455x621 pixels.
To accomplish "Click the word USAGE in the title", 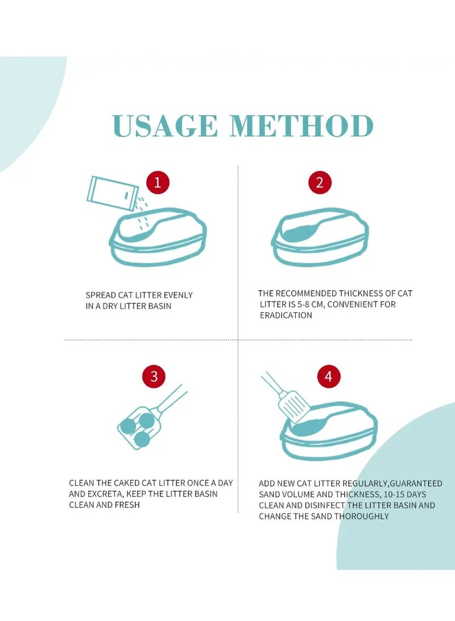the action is pyautogui.click(x=165, y=126).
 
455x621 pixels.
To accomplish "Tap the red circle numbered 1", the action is pyautogui.click(x=158, y=183).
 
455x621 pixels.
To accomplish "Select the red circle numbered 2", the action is pyautogui.click(x=320, y=183).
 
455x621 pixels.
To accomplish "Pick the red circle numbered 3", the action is pyautogui.click(x=154, y=376).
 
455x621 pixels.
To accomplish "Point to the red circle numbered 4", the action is pyautogui.click(x=329, y=376).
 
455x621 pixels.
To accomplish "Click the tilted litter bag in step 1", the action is pyautogui.click(x=113, y=193).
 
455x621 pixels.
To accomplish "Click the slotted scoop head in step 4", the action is pyautogui.click(x=293, y=405).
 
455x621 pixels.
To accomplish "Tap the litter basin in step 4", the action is pyautogui.click(x=329, y=431).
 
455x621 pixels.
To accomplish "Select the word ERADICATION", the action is pyautogui.click(x=286, y=316).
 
